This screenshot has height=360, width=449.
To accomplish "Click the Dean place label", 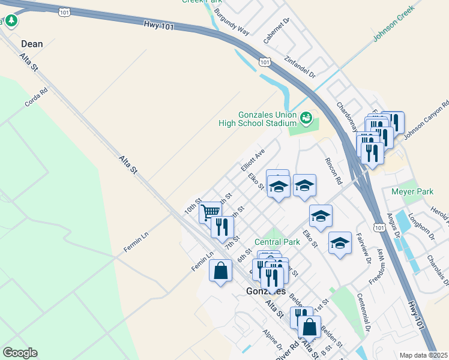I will (x=32, y=44).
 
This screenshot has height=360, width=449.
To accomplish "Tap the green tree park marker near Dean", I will (x=11, y=21).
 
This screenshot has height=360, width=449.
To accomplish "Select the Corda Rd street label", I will (x=36, y=98).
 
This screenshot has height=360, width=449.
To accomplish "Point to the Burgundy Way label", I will (x=231, y=22).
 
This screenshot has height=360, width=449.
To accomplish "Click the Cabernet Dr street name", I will (x=277, y=31).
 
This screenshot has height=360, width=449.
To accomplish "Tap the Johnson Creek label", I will (x=394, y=29).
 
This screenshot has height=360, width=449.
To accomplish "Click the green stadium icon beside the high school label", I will (x=307, y=118).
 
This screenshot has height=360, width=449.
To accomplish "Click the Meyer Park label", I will (x=412, y=192).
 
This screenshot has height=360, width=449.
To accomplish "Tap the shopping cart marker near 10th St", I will (x=210, y=212).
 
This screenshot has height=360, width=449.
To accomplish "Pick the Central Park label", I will (x=277, y=242).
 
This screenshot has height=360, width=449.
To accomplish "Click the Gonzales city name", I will (x=264, y=290).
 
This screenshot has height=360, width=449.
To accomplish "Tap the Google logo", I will (x=20, y=353).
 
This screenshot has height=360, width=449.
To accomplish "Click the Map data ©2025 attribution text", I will (x=423, y=355).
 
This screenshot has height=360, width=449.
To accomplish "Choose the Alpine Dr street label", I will (x=273, y=339).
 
